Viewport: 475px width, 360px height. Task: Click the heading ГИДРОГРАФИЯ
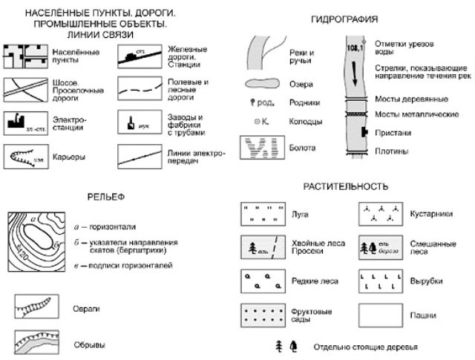click(341, 19)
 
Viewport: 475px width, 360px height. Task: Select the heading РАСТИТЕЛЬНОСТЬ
click(346, 186)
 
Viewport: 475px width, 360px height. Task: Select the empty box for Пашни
click(381, 314)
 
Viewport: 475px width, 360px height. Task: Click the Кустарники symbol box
click(380, 215)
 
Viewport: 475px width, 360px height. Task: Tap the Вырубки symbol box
click(380, 281)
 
